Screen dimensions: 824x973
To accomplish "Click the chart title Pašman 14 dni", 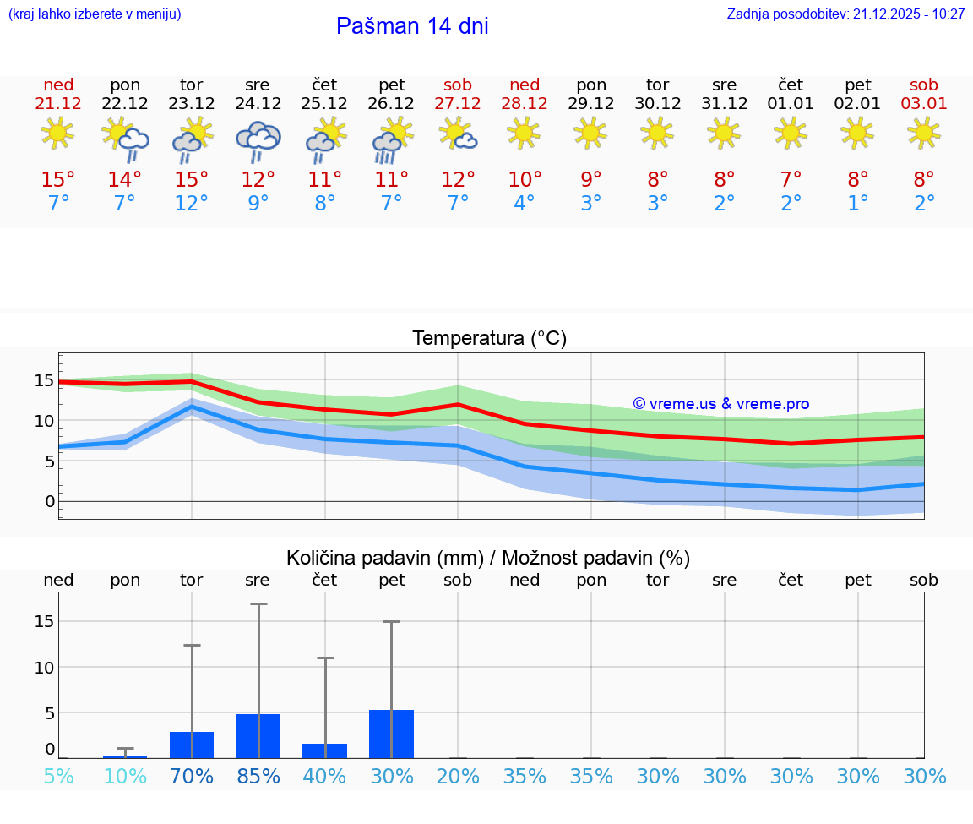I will click(412, 26).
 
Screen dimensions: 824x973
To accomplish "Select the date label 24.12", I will click(258, 104).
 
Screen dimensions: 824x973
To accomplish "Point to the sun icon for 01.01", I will click(791, 133).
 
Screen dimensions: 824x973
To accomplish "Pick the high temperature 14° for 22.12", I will click(125, 180).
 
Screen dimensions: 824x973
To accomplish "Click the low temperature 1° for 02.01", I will click(857, 204).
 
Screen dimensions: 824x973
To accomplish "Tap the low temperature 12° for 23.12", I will click(192, 204).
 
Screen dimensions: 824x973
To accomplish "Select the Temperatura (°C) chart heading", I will click(489, 339).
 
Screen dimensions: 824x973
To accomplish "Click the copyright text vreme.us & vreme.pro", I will click(721, 404).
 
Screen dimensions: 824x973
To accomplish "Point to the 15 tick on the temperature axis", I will click(44, 380).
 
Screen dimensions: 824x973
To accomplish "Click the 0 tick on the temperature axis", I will click(50, 501).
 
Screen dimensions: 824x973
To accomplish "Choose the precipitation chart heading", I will click(488, 558).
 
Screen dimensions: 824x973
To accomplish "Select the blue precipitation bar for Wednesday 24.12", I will click(258, 736).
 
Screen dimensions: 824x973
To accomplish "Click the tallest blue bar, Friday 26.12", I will click(391, 734).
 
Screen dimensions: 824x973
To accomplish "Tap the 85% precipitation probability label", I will click(258, 777).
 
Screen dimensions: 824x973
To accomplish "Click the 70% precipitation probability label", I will click(192, 777).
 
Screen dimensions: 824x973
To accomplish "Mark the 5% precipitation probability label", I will click(58, 777).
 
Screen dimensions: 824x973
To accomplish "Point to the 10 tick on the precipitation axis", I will click(44, 667).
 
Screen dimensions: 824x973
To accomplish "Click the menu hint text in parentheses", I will click(95, 14).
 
